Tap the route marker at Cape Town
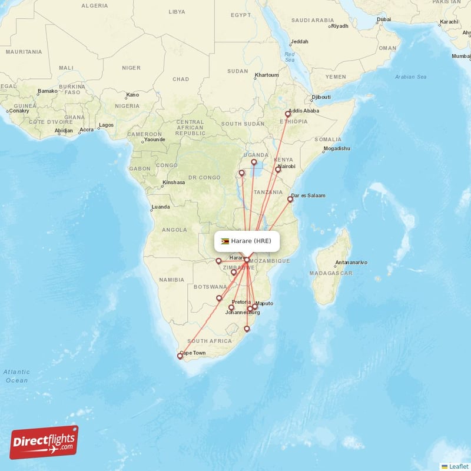click(x=180, y=356)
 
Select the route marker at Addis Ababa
click(x=288, y=114)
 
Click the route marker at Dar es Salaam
click(x=290, y=200)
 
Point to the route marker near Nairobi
click(x=278, y=170)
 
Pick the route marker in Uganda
click(x=254, y=162)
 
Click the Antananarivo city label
click(x=351, y=262)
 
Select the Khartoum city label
click(x=267, y=75)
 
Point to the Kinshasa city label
click(x=174, y=183)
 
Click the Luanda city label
click(x=161, y=207)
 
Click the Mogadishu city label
click(x=336, y=148)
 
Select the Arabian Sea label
click(x=411, y=77)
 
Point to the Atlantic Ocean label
click(x=16, y=376)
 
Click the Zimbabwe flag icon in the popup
click(x=225, y=241)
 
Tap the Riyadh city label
click(x=340, y=26)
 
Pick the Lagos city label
click(x=107, y=125)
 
